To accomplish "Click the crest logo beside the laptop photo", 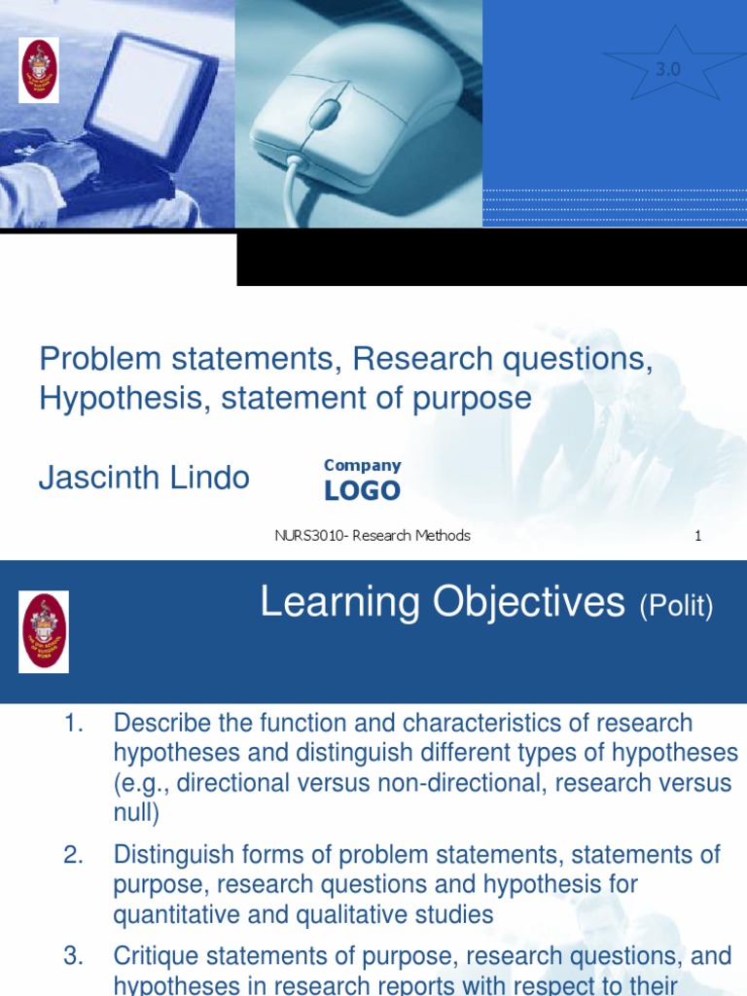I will (40, 70).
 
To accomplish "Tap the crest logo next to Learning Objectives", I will (44, 632).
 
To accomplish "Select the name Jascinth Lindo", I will (144, 478).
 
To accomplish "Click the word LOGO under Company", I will (362, 491).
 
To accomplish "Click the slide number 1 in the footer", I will (698, 536).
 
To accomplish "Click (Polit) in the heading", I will (676, 609).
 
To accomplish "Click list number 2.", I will (74, 855).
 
